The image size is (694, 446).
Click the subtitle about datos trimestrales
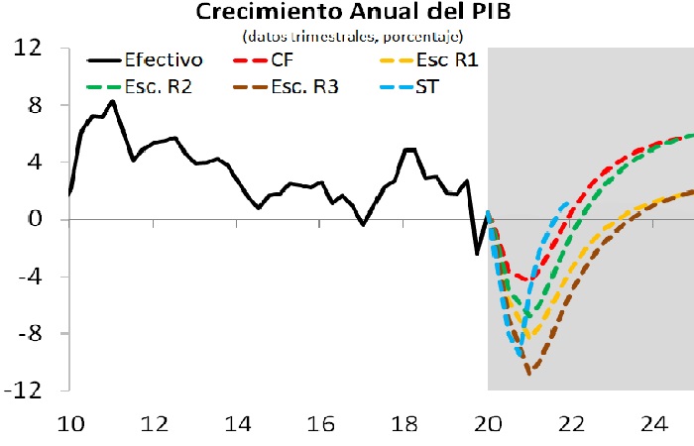click(352, 37)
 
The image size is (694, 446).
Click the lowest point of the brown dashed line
click(530, 374)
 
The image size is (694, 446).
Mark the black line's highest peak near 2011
click(112, 101)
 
